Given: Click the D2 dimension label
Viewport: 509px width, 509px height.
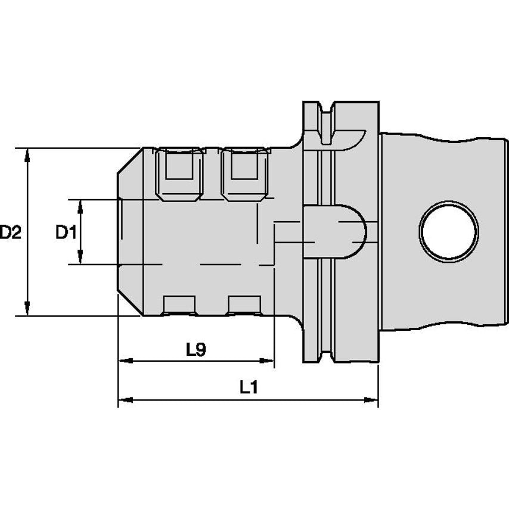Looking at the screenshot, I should tap(10, 232).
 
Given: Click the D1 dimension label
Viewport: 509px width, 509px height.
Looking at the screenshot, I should tap(66, 232).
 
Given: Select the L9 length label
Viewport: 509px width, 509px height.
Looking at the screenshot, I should tap(195, 350).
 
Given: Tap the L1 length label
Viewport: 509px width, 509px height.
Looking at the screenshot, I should tap(249, 388).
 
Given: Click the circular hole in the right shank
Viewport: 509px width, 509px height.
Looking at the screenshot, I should tap(448, 231).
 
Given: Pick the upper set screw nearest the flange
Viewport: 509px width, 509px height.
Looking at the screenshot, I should tap(244, 173).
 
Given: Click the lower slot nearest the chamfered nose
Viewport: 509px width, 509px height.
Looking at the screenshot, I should tap(179, 305).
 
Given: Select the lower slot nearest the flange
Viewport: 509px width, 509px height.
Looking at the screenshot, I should tap(244, 305).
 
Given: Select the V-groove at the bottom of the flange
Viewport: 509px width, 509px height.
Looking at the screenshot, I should tap(325, 352).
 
